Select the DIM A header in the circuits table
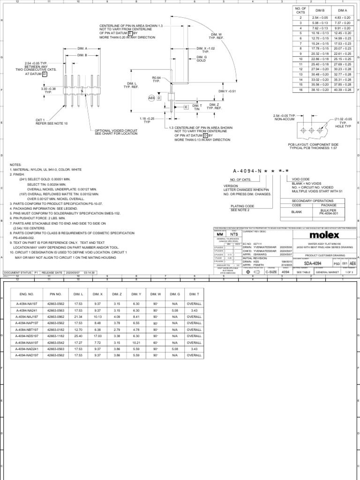pos(342,10)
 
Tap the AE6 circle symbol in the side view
pos(151,98)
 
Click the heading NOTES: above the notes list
pos(16,165)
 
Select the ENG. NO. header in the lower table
pos(27,293)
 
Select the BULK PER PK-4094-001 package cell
pos(325,212)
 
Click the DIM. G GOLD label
pos(202,59)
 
